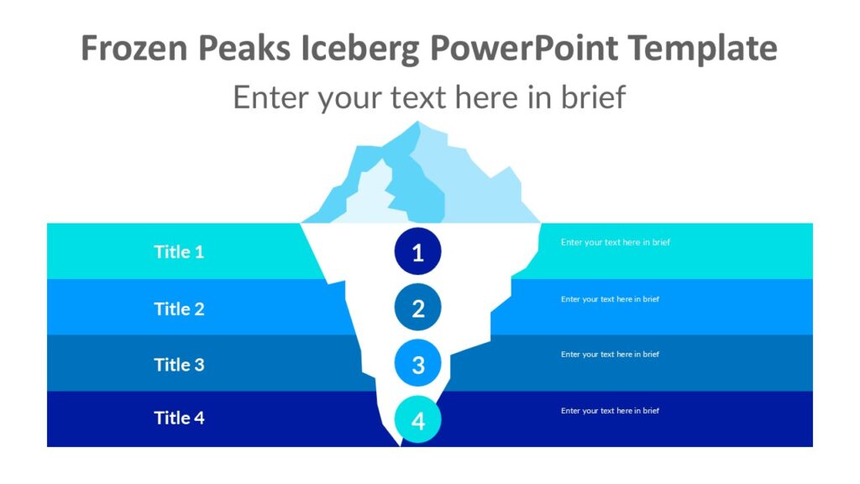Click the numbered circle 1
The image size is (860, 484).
pos(417,251)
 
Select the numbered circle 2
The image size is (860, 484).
pos(417,308)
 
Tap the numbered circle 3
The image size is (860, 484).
pos(417,364)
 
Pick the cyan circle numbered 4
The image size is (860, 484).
pos(417,419)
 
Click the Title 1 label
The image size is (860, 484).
pos(179,251)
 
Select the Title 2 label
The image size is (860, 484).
pos(179,308)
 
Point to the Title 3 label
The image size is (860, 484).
pos(179,364)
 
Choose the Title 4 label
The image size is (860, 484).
pos(179,418)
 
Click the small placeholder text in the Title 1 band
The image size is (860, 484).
pos(616,242)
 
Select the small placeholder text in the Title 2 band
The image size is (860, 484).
pos(610,299)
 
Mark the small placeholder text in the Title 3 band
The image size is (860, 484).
pos(610,355)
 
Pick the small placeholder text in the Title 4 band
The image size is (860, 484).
pos(610,411)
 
